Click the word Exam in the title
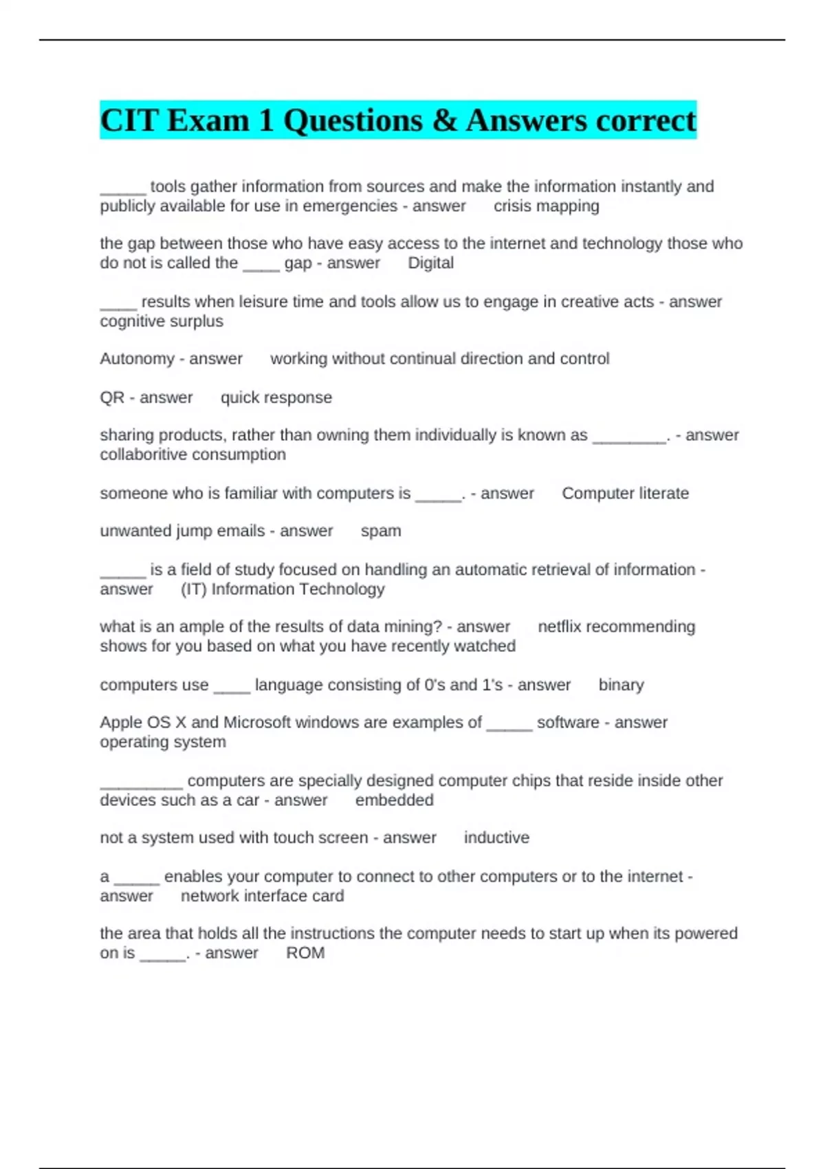(208, 120)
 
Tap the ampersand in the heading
(445, 121)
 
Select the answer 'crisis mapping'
(546, 206)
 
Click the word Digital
(430, 263)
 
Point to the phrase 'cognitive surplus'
(162, 322)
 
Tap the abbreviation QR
(112, 397)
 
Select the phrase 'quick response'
(276, 397)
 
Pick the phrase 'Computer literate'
(625, 493)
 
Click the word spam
(381, 531)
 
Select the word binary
(621, 685)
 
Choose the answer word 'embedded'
(394, 800)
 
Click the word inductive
(496, 838)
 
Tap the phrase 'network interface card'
(262, 896)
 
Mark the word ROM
(305, 953)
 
